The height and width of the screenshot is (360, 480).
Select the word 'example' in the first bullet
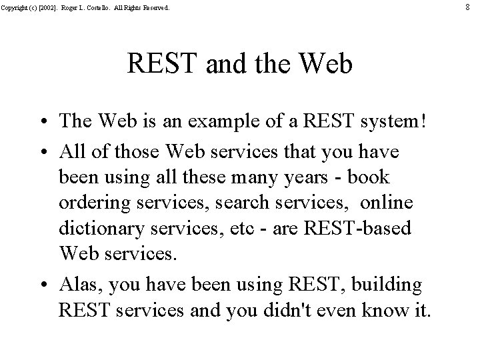pos(216,123)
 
